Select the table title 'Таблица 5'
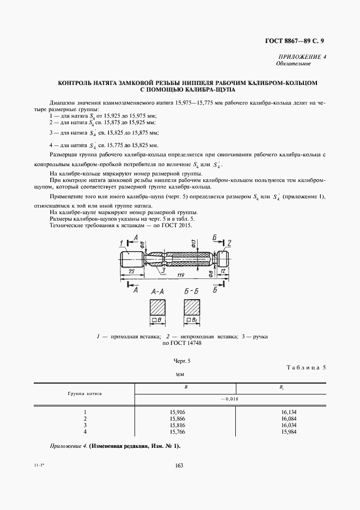(305, 367)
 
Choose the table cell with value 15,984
(289, 432)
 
